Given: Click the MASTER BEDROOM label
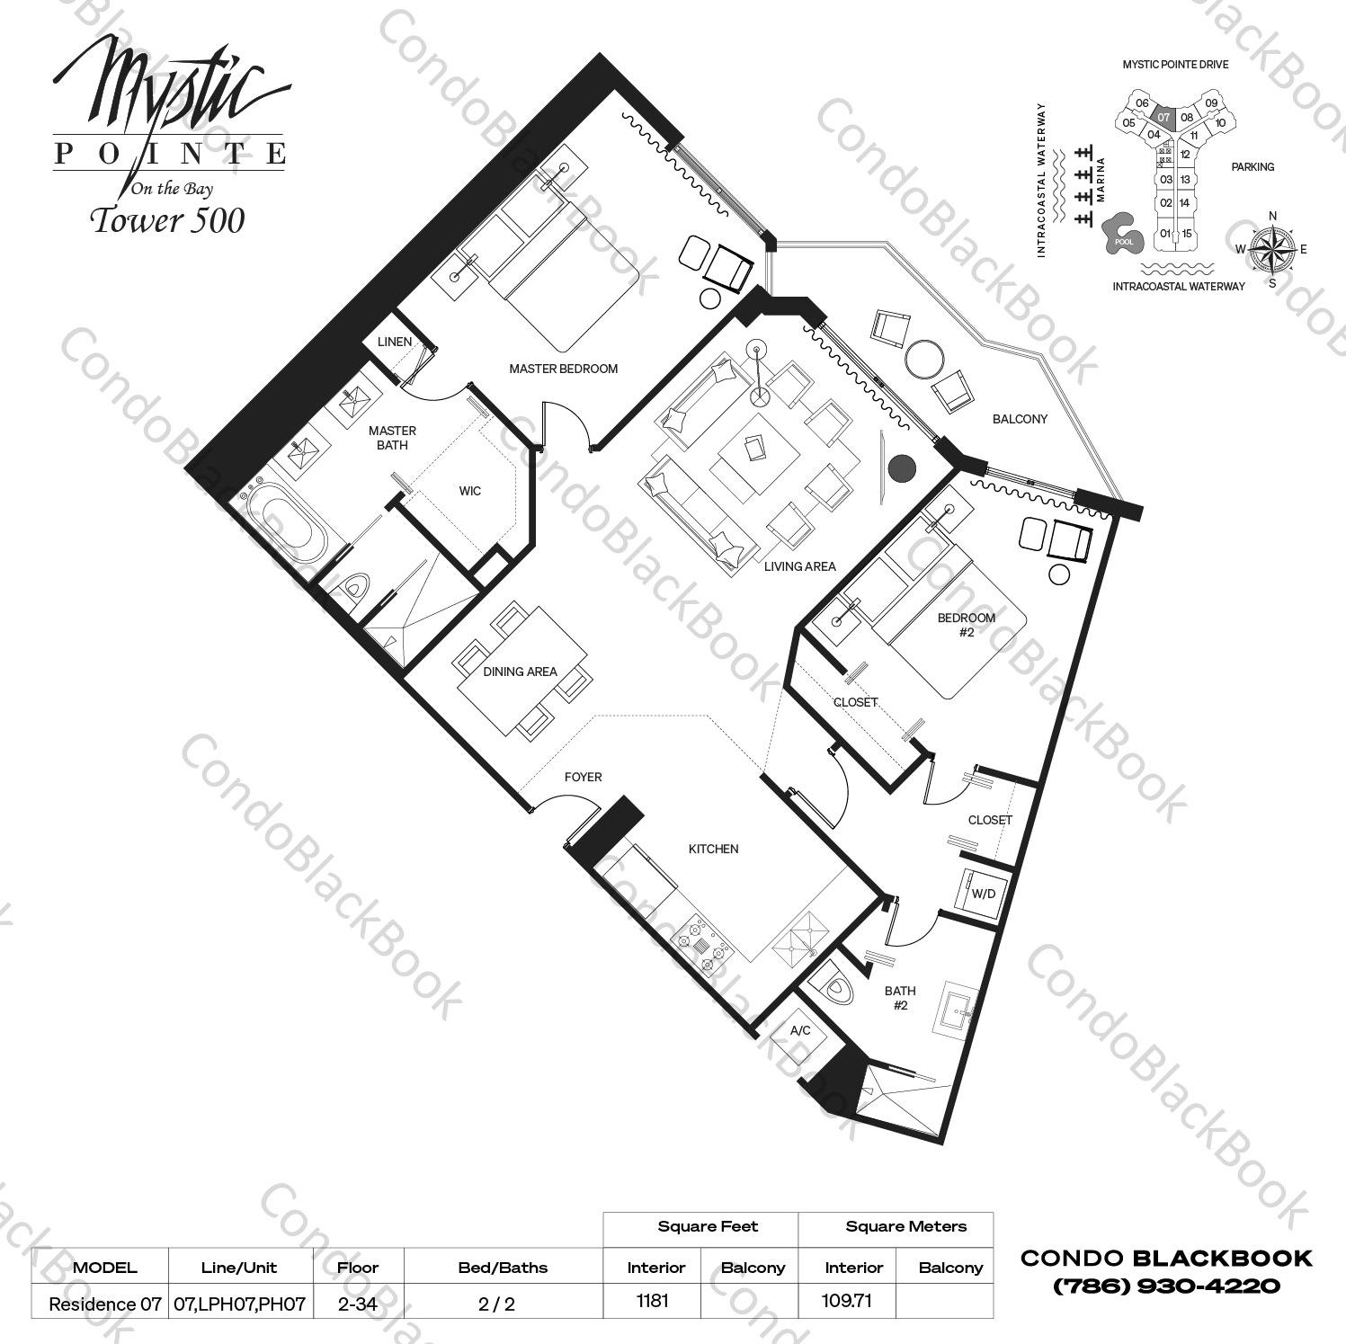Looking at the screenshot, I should point(563,369).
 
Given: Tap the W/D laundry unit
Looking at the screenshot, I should point(983,894).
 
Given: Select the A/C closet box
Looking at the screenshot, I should point(800,1030).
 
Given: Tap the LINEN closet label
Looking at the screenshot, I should point(394,342).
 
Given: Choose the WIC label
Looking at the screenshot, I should point(469,491).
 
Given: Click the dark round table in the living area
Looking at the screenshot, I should point(902,467).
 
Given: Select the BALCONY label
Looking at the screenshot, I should point(1020,419).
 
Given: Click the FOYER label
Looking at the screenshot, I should point(583,777).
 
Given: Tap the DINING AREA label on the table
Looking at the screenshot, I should point(520,672).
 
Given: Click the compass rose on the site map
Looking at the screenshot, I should point(1271,248).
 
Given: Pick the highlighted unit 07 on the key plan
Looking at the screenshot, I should point(1163,117).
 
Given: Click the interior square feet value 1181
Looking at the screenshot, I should point(652,1301).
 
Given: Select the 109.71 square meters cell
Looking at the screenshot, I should point(848,1301).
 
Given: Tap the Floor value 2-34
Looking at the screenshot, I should point(358,1304).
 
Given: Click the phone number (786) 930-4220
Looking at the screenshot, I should point(1166,1286).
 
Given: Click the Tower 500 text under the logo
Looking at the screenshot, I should point(167,221).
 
